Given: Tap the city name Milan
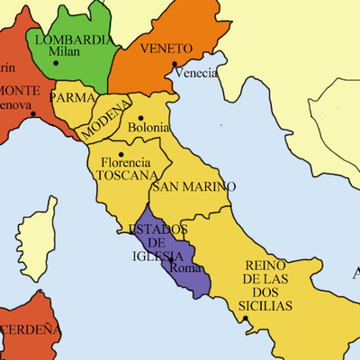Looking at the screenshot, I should click(x=64, y=52).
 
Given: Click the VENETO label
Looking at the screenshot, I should click(x=166, y=49).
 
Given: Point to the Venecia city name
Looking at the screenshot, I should click(x=195, y=73).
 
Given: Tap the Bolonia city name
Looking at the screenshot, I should click(x=148, y=128).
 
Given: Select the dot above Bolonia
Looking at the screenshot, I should click(x=141, y=117).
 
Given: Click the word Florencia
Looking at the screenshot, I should click(x=124, y=163).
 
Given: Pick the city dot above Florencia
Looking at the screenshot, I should click(x=121, y=153).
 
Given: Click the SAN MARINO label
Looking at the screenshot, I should click(x=193, y=187).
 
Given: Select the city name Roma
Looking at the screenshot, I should click(x=187, y=267).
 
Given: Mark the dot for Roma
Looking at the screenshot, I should click(x=172, y=260).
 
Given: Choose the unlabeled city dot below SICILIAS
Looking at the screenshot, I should click(x=244, y=318).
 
